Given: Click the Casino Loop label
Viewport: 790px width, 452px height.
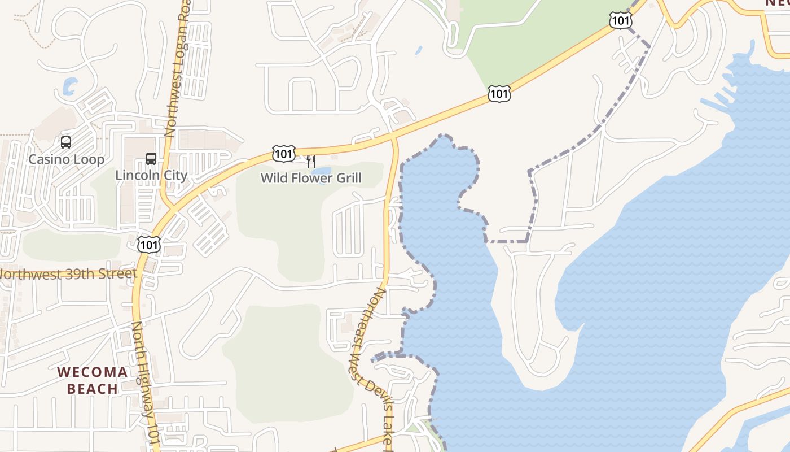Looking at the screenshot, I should pos(66,159).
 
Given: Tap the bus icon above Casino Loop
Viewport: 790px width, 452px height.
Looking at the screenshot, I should pos(66,142).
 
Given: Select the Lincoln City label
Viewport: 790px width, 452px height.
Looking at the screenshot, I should pos(151,175).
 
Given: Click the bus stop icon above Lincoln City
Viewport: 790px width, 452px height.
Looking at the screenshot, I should pos(151,158).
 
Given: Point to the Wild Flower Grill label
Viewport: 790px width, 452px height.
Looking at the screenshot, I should pos(310,179).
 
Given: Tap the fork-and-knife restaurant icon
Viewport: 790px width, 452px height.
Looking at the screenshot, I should pos(310,162).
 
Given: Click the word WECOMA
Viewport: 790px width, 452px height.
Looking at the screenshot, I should pos(93,372).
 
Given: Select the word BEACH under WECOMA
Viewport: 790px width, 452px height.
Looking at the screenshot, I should pos(93,389).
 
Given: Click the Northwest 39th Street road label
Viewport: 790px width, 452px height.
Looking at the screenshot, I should pos(68,275).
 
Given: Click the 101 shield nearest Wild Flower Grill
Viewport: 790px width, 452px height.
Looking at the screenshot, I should pos(283,153).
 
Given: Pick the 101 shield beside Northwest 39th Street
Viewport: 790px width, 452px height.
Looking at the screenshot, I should pos(149,244).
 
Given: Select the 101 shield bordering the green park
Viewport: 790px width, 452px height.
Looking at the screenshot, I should pos(499,93).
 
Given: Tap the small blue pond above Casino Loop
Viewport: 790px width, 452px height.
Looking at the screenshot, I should pos(69,86).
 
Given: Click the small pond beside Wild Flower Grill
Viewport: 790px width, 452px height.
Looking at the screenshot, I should pos(322,172).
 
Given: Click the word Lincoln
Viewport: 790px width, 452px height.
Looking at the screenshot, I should pos(135,175).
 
